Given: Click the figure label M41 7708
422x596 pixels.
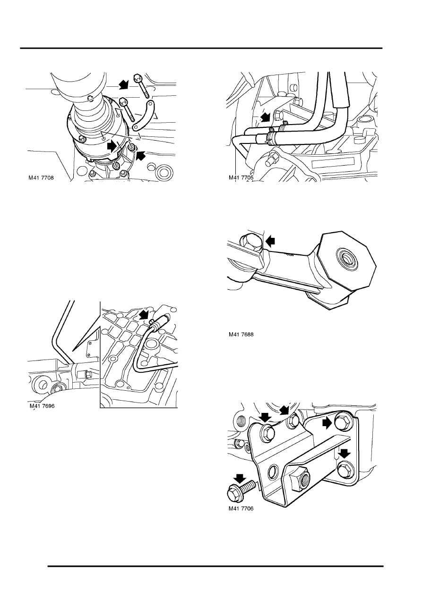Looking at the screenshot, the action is point(41,178).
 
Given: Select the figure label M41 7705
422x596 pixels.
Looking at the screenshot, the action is point(241,177).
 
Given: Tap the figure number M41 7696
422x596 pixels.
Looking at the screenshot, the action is point(42,406).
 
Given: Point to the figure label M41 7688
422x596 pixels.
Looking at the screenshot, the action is point(241,335).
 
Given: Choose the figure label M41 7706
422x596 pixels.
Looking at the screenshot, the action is point(241,508).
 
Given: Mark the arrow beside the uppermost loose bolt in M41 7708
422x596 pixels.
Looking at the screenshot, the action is point(124,84).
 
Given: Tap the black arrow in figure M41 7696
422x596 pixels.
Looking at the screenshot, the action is point(145,315).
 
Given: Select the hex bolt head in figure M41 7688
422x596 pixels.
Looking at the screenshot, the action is point(250,242).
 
